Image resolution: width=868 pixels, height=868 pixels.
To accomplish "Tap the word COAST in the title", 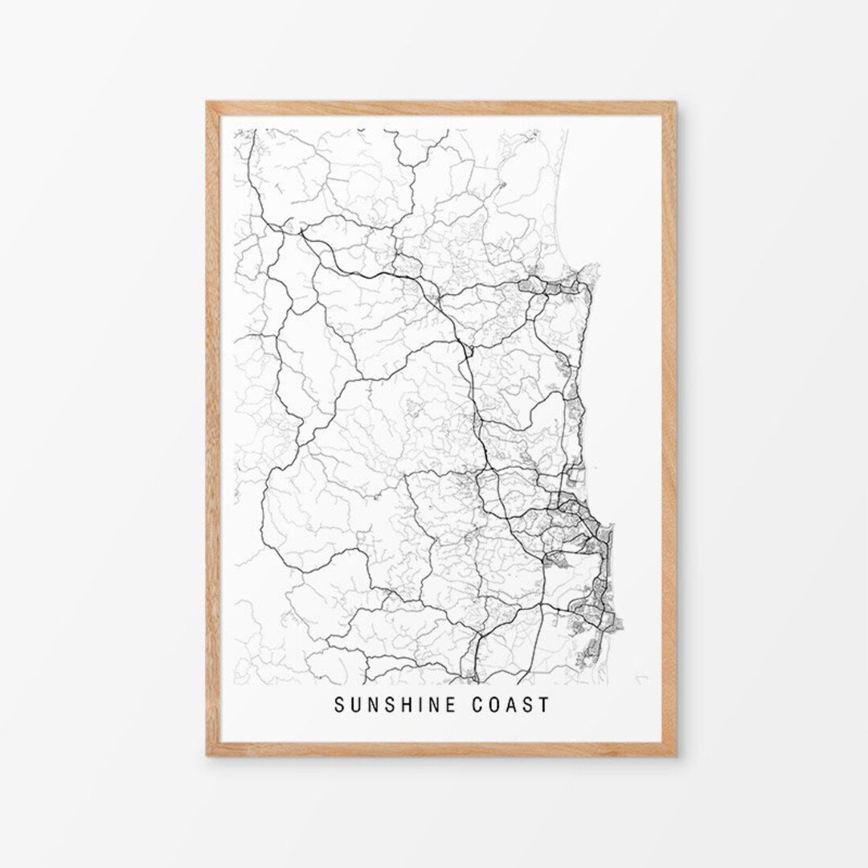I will coord(510,704).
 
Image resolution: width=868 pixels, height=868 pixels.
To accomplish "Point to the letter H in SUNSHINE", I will coord(406,704).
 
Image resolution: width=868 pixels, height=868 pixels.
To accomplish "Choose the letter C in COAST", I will coord(477,704).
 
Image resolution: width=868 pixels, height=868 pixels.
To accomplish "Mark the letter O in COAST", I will coord(494,704).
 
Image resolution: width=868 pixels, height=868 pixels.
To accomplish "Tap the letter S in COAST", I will coord(528,704).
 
